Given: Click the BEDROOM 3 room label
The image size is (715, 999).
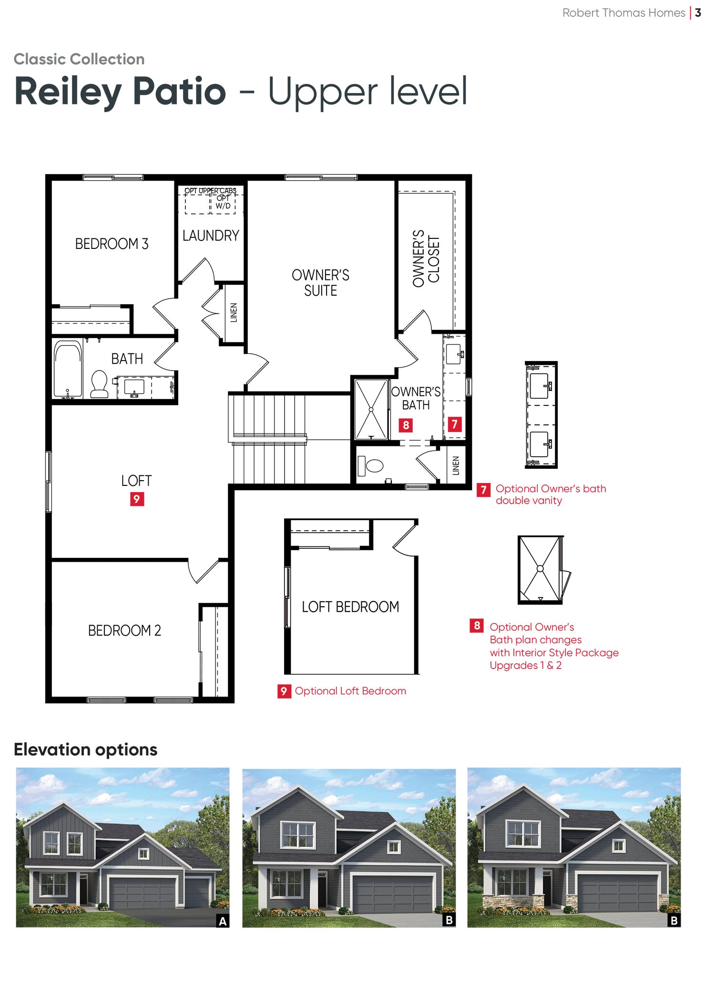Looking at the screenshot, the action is (112, 244).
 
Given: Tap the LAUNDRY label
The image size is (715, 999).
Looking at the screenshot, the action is (211, 236).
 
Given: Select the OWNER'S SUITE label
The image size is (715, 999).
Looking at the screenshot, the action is (320, 283).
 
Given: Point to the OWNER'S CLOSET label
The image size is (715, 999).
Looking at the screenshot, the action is (426, 258).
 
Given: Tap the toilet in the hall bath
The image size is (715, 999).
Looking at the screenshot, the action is (99, 383).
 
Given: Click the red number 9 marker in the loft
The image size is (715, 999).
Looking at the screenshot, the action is (137, 499).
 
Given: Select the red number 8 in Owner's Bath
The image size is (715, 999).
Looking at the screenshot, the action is (406, 425).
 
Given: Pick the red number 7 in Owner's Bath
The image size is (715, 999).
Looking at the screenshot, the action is (455, 424).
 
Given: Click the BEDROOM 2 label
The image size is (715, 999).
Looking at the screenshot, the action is (124, 630).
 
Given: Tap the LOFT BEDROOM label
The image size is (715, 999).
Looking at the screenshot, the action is (350, 607).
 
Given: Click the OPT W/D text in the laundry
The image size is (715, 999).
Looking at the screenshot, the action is (223, 202).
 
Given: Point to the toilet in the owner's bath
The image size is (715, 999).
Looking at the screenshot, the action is (370, 465).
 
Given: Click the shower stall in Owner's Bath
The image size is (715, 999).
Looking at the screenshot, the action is (371, 409).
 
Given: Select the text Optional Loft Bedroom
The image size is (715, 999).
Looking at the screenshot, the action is (350, 691).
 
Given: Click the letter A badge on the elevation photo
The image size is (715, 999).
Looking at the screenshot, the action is (223, 921).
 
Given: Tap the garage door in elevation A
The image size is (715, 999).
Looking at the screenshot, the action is (142, 892).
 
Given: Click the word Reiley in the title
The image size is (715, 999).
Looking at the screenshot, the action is (68, 91).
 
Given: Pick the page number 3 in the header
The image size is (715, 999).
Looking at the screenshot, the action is (698, 13).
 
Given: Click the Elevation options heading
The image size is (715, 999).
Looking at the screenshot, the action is (85, 750).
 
